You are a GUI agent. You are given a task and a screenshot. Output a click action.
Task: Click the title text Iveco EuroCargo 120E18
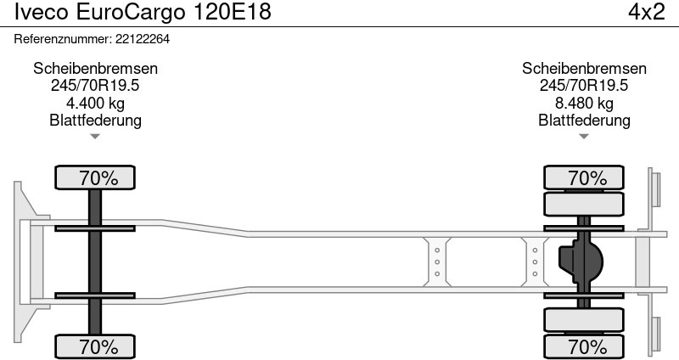(143, 12)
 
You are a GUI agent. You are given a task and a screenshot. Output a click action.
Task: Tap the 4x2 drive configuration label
(647, 12)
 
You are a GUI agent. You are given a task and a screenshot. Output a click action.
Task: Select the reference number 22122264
(143, 39)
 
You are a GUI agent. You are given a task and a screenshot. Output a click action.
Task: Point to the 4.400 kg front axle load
(95, 103)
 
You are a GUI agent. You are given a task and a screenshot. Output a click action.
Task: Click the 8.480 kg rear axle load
(584, 103)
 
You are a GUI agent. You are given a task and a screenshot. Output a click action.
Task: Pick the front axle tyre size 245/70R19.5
(95, 86)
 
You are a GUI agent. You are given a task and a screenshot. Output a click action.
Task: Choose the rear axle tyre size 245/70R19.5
(584, 86)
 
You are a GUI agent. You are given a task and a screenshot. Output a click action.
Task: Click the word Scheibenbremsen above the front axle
(95, 69)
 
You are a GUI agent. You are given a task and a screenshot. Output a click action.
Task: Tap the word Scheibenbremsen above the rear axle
(584, 69)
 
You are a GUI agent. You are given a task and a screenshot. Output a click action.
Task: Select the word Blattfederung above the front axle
(95, 120)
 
